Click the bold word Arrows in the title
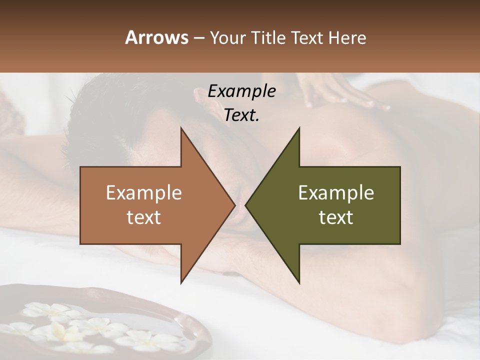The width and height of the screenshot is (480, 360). [x=156, y=37]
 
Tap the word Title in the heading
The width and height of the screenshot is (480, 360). [x=267, y=38]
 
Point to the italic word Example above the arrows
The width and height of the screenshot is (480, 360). [x=241, y=91]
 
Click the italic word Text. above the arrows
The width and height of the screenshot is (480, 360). [x=241, y=115]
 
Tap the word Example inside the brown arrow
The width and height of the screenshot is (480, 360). [x=144, y=193]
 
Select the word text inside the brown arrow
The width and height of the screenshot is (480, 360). [x=144, y=217]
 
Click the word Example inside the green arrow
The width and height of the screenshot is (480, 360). [x=336, y=193]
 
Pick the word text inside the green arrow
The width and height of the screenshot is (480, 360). [x=336, y=217]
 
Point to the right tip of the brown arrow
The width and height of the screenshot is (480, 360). [x=234, y=205]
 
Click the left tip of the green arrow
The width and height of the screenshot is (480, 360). [x=246, y=205]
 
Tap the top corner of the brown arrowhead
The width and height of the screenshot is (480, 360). [x=181, y=128]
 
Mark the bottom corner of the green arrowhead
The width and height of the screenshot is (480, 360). [x=299, y=283]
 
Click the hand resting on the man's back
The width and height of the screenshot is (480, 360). [x=340, y=92]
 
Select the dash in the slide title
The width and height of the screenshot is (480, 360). [x=199, y=38]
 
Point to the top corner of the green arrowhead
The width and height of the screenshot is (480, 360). [x=299, y=128]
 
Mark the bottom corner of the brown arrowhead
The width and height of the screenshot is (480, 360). [x=181, y=283]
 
